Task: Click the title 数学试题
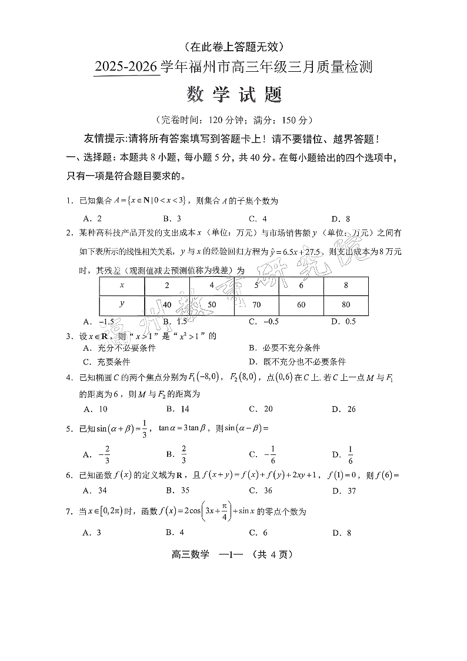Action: coord(234,94)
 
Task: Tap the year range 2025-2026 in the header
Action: coord(127,68)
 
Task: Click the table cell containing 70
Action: coord(256,305)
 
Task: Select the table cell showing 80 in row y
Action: coord(346,305)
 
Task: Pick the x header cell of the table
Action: coord(122,285)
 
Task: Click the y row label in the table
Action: coord(122,304)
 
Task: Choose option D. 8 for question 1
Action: coord(341,218)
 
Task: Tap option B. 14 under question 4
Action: coord(177,409)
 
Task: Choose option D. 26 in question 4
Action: coord(343,409)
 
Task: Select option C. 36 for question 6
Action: coord(260,490)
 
